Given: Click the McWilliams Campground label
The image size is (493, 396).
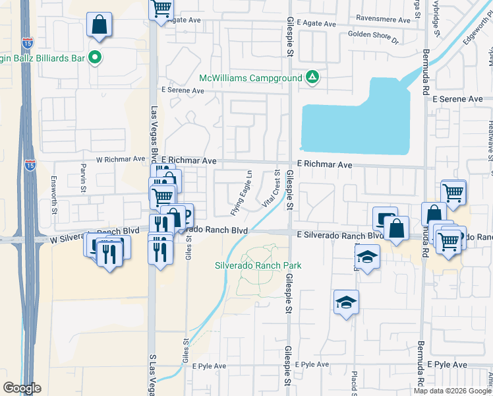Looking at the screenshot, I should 251,78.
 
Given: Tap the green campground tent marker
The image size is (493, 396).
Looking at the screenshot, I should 312,78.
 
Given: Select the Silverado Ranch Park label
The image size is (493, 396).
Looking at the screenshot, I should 258,265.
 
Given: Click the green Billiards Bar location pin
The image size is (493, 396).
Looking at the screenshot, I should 94,57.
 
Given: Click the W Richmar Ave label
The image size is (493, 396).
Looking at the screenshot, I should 120,159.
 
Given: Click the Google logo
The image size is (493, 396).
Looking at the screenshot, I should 22,388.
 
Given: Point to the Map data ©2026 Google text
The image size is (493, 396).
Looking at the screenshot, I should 452,391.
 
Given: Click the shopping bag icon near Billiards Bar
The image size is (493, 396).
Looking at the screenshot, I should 99,25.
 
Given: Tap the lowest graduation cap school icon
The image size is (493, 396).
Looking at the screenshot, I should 346,302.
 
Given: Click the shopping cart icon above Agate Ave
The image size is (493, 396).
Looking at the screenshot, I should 160,9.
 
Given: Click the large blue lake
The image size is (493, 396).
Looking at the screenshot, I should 356,125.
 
